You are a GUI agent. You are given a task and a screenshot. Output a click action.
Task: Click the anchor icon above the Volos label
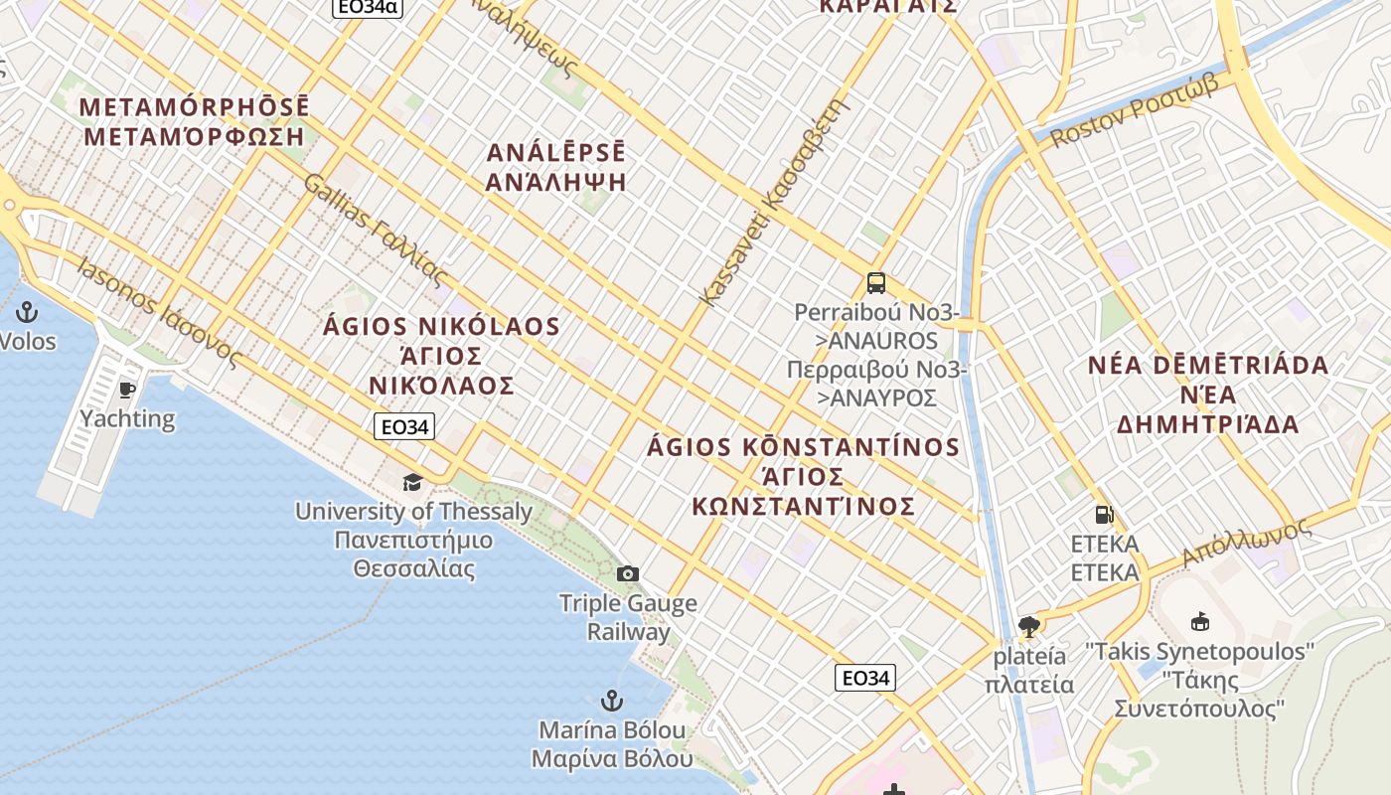[x=27, y=312]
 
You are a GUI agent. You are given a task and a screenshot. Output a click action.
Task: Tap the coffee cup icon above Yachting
[x=126, y=389]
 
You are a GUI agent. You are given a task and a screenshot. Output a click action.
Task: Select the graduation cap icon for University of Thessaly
[x=412, y=483]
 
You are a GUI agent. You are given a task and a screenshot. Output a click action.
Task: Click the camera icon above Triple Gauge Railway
[x=627, y=573]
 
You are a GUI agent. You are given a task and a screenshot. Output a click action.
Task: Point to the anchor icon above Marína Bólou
[x=612, y=700]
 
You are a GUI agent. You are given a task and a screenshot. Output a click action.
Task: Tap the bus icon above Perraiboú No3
[x=875, y=283]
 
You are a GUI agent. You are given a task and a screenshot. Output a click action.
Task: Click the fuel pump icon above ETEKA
[x=1104, y=515]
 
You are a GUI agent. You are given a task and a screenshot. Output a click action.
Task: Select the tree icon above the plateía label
[x=1028, y=626]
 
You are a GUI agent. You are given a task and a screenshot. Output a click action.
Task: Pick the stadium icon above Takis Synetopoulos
[x=1199, y=622]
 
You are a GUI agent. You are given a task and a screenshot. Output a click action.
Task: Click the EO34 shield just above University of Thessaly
[x=404, y=427]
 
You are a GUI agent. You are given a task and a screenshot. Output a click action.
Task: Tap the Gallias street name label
[x=377, y=231]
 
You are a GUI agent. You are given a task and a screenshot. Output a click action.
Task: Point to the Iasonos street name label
[x=160, y=312]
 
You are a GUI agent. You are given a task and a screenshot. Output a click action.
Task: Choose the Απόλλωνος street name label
[x=1247, y=542]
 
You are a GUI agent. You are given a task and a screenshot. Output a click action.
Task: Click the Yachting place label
[x=127, y=418]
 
